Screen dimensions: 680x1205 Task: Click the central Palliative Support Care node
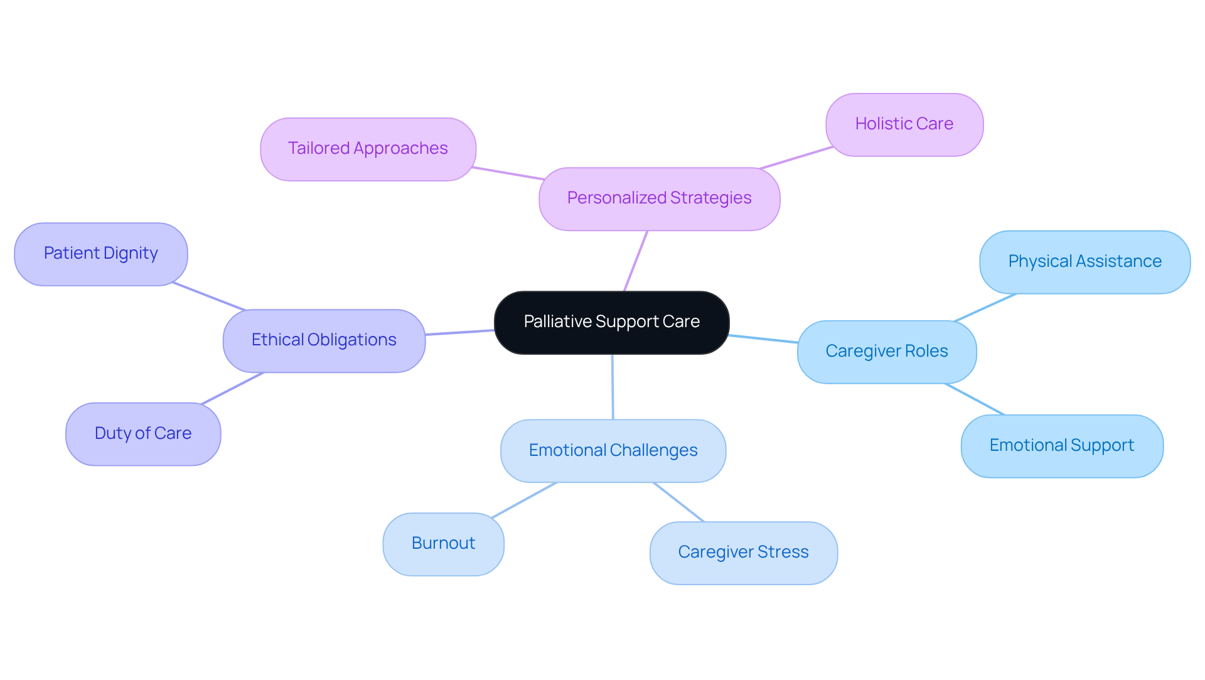pyautogui.click(x=611, y=322)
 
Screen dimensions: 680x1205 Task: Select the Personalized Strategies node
pyautogui.click(x=659, y=198)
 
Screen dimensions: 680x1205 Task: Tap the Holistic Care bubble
pyautogui.click(x=904, y=124)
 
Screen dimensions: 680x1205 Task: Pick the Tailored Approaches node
pyautogui.click(x=368, y=149)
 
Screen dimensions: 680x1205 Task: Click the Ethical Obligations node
pyautogui.click(x=324, y=340)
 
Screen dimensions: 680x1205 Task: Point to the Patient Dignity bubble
pyautogui.click(x=100, y=254)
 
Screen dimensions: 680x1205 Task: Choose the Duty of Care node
pyautogui.click(x=143, y=434)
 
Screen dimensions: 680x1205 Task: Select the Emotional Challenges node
pyautogui.click(x=613, y=451)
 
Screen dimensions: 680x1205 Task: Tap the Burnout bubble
pyautogui.click(x=443, y=544)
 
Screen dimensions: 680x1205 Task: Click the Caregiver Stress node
pyautogui.click(x=743, y=553)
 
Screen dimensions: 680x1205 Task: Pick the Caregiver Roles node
pyautogui.click(x=886, y=352)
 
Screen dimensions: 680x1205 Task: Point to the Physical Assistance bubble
pyautogui.click(x=1084, y=262)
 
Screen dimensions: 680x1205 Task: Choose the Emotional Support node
pyautogui.click(x=1061, y=446)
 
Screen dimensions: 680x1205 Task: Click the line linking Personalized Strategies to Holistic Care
pyautogui.click(x=796, y=158)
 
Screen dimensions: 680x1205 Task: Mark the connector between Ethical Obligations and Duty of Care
pyautogui.click(x=232, y=388)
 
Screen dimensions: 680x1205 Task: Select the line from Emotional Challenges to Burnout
pyautogui.click(x=524, y=500)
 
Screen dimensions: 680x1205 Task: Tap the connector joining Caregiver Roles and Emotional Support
pyautogui.click(x=975, y=399)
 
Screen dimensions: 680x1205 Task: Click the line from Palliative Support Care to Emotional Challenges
pyautogui.click(x=613, y=386)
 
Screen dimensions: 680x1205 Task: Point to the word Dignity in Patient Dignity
pyautogui.click(x=131, y=254)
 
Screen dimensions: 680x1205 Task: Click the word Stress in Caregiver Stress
pyautogui.click(x=783, y=553)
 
